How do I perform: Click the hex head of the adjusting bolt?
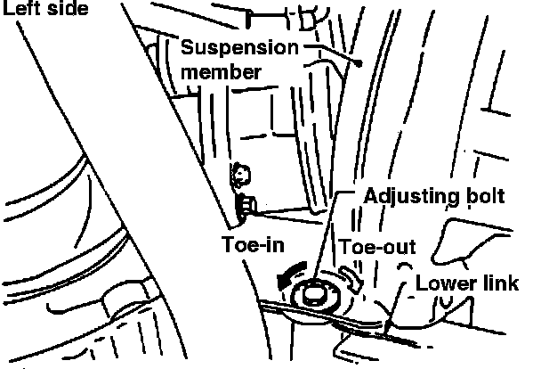pyautogui.click(x=313, y=292)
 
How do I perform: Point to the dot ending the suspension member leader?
pyautogui.click(x=358, y=64)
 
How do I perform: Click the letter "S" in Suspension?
pyautogui.click(x=187, y=46)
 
